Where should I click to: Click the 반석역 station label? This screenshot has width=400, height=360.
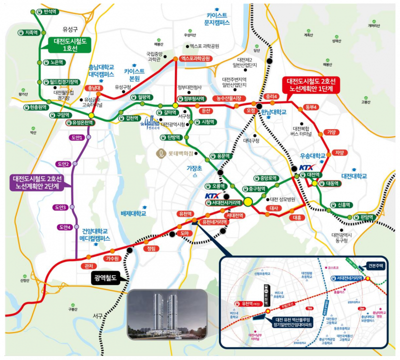pyautogui.click(x=50, y=11)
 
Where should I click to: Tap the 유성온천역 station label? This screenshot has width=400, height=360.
pyautogui.click(x=82, y=123)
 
